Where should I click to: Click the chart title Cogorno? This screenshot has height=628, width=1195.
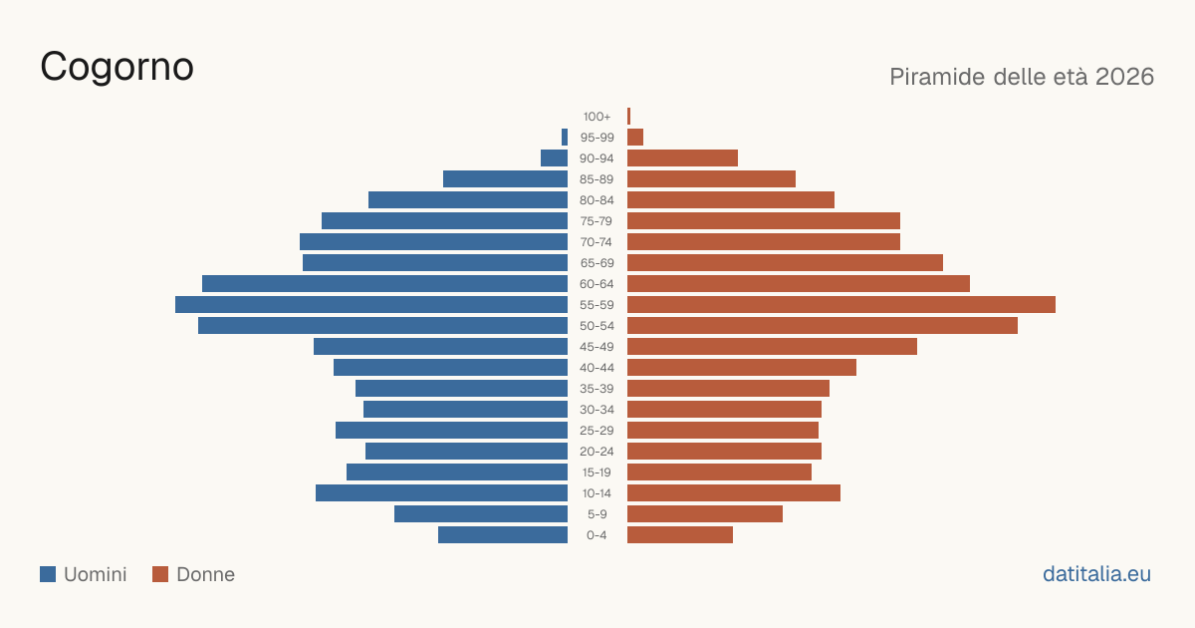pos(117,68)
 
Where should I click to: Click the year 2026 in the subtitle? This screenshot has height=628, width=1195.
pos(1124,77)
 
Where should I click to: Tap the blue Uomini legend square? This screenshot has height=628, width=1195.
pos(48,574)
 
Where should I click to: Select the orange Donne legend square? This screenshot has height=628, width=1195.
pos(160,574)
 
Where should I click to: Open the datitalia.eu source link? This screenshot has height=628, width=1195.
pos(1096,574)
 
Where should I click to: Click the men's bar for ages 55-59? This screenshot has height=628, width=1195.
pos(371,304)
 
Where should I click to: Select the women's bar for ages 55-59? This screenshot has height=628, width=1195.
pos(841,304)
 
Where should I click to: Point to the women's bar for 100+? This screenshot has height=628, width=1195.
pos(629,116)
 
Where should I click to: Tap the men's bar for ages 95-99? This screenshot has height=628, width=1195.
pos(565,138)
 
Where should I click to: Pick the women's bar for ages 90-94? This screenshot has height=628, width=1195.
pos(682,158)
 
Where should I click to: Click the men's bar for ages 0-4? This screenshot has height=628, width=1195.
pos(503,534)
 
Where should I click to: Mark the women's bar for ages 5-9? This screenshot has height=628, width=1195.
pos(705,513)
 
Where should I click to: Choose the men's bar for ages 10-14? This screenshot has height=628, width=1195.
pos(441,492)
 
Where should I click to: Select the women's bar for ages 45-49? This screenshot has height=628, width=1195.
pos(772,347)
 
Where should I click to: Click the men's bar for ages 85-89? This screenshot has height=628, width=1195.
pos(505,178)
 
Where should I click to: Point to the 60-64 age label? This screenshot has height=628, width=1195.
pos(597,284)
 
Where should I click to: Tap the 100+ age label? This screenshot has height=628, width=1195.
pos(597,117)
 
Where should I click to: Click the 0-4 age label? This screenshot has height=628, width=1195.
pos(597,535)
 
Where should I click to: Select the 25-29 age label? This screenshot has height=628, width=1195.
pos(597,431)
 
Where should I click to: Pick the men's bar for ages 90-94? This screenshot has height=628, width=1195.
pos(554,158)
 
